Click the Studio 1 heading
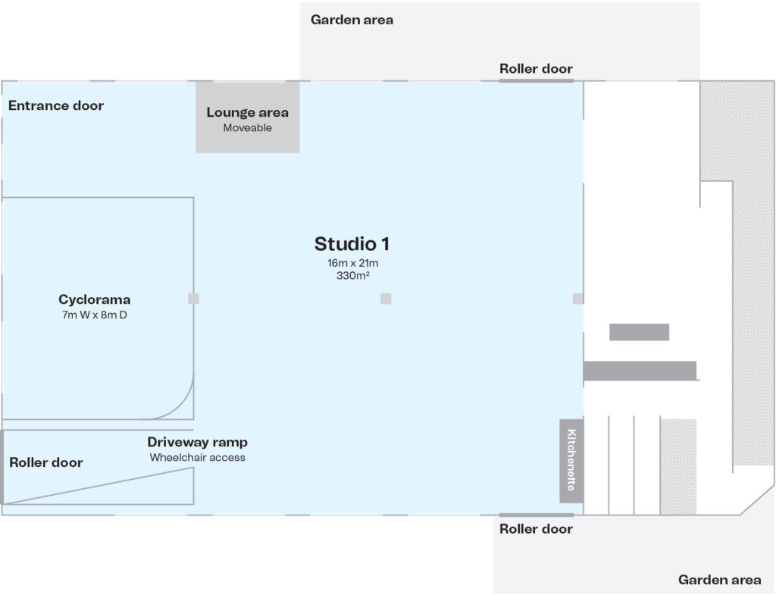click(x=352, y=244)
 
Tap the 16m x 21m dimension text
click(x=352, y=263)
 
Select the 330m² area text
click(x=352, y=276)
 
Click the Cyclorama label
click(x=95, y=299)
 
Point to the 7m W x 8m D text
click(x=95, y=314)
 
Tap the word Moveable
click(x=247, y=128)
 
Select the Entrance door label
click(x=56, y=105)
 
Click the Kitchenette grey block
click(x=571, y=460)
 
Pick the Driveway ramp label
click(x=197, y=442)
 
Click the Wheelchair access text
click(x=197, y=458)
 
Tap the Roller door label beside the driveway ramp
click(x=46, y=462)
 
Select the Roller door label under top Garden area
click(x=536, y=69)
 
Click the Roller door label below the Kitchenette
click(x=536, y=529)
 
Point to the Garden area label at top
click(x=352, y=20)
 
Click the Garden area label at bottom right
click(x=719, y=580)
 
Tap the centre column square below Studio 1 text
click(x=386, y=299)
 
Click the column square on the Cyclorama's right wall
click(x=193, y=299)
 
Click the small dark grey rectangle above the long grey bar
click(x=639, y=332)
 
